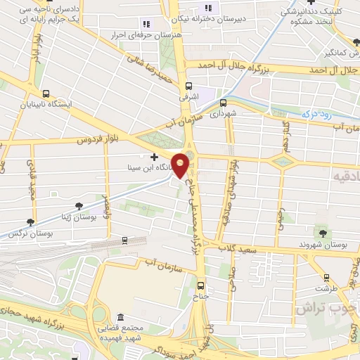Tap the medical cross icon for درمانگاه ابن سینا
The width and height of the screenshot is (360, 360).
[x=154, y=156]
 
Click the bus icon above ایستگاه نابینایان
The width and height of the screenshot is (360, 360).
[x=46, y=94]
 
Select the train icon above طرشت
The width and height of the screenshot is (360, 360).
[x=326, y=277]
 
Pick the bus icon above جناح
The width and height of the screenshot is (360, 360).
[x=202, y=285]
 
